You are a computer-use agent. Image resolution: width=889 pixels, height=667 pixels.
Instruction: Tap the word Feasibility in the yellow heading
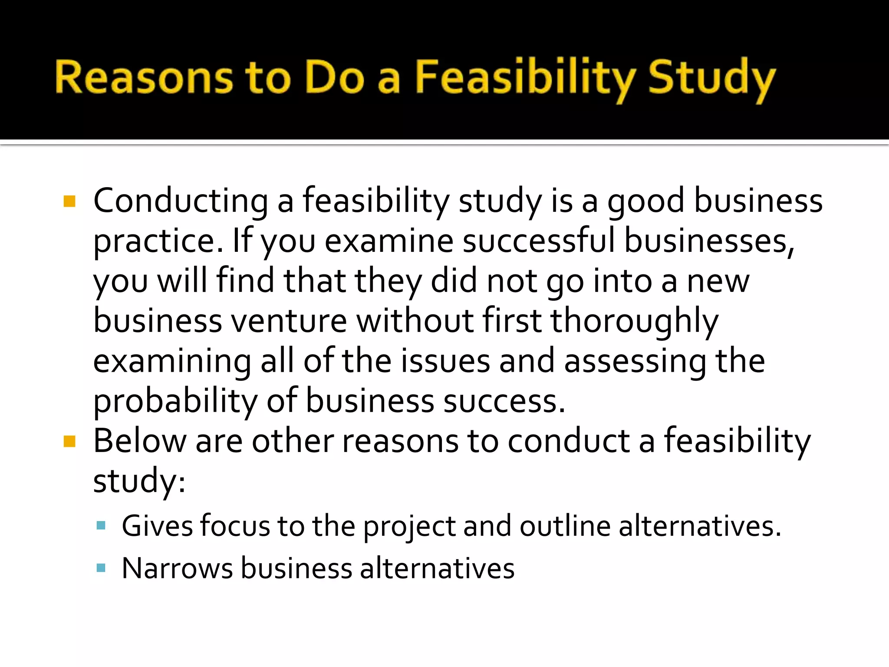tap(525, 78)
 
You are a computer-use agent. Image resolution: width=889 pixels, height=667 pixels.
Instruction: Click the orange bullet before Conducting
tap(69, 201)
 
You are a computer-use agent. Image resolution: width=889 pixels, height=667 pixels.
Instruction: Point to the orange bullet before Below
tap(69, 441)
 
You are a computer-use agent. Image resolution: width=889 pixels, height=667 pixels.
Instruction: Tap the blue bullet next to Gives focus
tap(101, 526)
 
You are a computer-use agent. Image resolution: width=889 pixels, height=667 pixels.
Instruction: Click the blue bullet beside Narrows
tap(101, 568)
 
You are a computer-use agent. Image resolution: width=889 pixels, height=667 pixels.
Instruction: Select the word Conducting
tap(181, 201)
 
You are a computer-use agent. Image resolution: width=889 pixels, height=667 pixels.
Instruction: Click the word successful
tap(538, 241)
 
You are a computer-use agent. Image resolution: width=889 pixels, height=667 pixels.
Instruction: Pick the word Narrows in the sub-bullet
tap(177, 568)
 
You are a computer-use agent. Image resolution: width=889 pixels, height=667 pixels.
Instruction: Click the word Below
tap(140, 441)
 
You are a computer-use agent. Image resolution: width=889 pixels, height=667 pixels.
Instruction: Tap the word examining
tap(172, 361)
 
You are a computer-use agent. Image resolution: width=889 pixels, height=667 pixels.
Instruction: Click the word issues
tap(445, 361)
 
